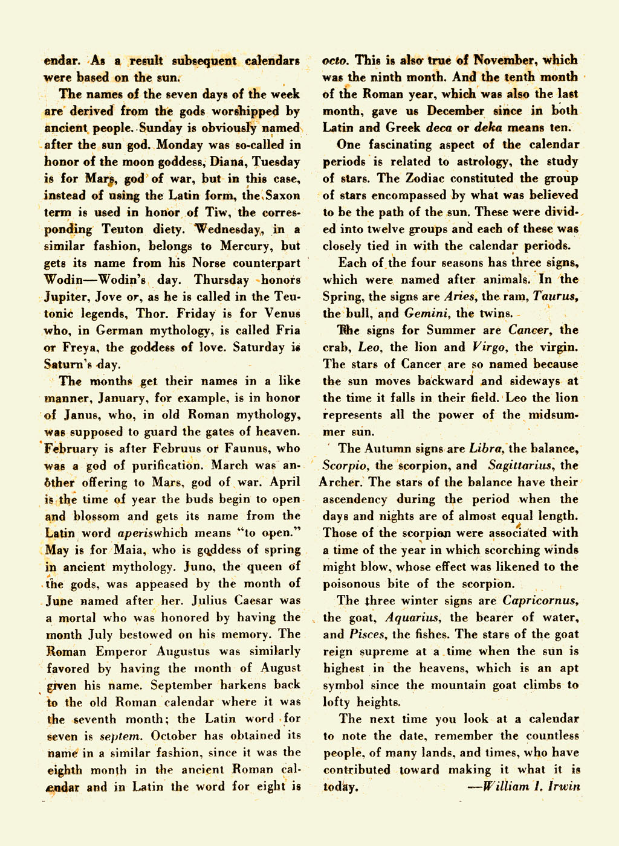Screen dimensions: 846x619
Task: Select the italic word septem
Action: [x=120, y=736]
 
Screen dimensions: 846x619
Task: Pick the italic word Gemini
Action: [x=426, y=313]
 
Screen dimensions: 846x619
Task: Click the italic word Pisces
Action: [x=368, y=635]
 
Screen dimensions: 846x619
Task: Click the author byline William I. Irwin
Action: [x=524, y=786]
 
